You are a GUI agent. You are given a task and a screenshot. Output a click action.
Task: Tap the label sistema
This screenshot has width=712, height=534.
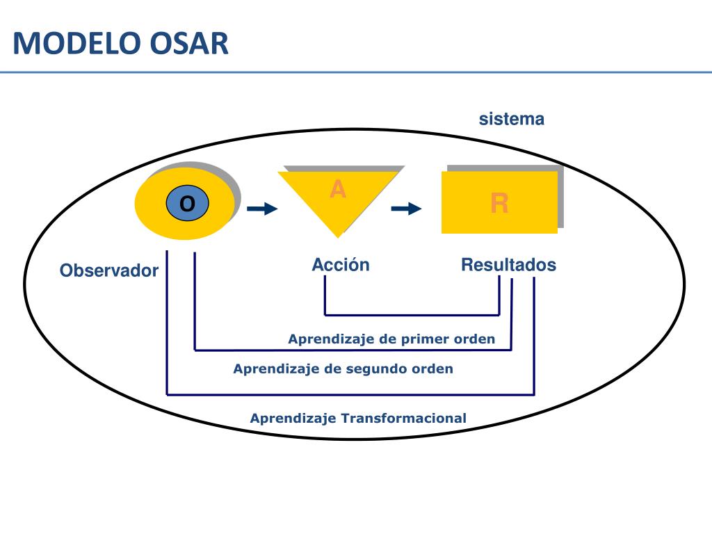511,119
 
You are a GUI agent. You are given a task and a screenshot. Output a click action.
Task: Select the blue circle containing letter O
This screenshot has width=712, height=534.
187,204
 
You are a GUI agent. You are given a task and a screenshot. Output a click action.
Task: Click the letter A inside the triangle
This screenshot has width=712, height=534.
337,189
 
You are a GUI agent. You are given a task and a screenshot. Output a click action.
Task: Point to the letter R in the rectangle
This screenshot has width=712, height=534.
499,203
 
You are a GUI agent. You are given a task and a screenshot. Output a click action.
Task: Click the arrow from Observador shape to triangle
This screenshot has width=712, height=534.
261,209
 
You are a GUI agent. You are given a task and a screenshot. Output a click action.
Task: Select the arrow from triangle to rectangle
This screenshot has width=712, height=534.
406,209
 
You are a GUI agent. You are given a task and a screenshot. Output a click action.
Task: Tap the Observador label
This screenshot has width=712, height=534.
108,270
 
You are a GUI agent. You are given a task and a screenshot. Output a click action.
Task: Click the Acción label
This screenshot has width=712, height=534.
341,265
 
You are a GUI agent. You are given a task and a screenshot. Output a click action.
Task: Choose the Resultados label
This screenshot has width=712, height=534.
508,265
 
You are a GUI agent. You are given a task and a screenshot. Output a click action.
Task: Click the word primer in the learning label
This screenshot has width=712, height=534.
425,339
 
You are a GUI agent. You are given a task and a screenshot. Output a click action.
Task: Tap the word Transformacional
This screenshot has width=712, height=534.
403,418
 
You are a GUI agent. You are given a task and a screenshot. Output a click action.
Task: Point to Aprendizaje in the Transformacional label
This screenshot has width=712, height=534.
293,418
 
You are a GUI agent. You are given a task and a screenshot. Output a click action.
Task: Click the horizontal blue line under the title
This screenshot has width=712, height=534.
356,72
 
